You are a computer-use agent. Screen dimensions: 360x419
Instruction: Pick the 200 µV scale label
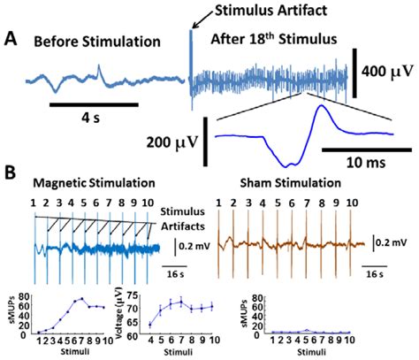(172, 140)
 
